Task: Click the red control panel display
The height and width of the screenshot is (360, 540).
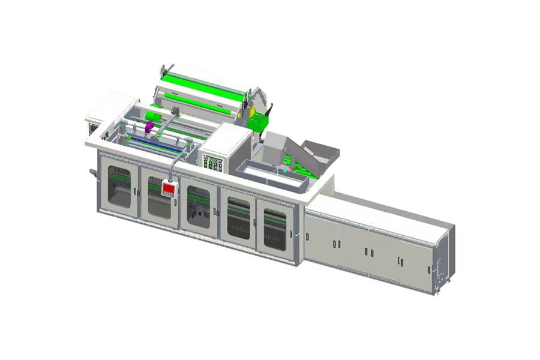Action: click(169, 189)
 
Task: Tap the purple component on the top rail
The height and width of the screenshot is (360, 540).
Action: click(148, 128)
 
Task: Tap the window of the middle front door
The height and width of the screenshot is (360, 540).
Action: click(198, 206)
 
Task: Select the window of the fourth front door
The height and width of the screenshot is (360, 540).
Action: click(238, 218)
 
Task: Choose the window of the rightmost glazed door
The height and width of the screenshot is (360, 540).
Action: click(275, 229)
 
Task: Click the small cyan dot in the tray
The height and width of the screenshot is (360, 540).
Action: click(285, 171)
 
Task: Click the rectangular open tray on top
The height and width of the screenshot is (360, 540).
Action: click(273, 174)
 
